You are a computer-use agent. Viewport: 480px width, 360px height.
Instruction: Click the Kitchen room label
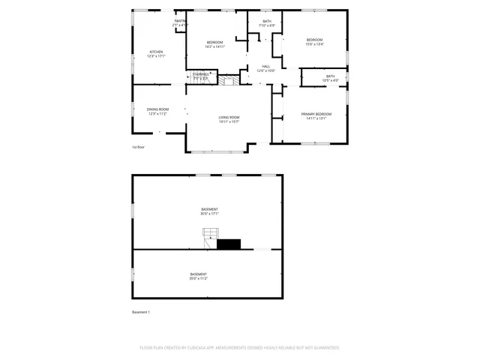coord(156,52)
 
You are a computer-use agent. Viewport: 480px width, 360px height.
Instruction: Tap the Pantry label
coord(180,21)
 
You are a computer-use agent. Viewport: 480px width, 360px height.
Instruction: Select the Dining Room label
coord(157,109)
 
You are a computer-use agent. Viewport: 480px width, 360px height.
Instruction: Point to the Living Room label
coord(229,117)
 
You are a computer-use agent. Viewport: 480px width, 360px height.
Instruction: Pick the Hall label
coord(265,67)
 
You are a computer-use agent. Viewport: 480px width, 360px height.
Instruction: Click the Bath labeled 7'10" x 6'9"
coord(267,22)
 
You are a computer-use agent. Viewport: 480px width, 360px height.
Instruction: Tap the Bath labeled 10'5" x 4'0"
coord(330,76)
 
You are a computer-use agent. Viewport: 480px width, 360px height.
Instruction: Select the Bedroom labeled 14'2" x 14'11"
coord(215,42)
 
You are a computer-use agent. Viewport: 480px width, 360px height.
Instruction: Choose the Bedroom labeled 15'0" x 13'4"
coord(313,40)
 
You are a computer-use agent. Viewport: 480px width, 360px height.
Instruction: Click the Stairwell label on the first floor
coord(200,74)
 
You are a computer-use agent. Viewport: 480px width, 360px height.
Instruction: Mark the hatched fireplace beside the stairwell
coord(229,77)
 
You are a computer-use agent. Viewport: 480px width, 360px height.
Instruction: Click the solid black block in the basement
coord(228,243)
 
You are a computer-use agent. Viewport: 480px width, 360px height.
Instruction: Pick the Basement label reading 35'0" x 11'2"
coord(199,274)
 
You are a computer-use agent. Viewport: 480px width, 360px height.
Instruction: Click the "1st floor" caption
coord(138,147)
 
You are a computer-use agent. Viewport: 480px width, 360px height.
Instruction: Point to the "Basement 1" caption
coord(141,312)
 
